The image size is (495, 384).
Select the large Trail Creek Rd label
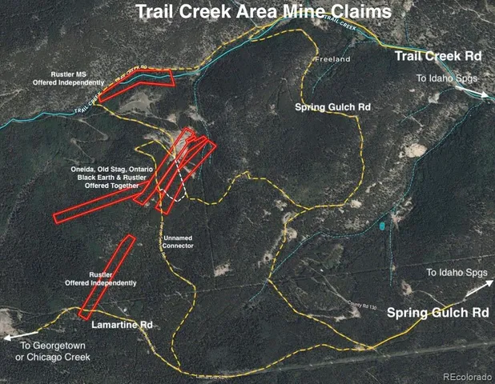tap(437, 56)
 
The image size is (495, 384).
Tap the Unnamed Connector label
tap(178, 242)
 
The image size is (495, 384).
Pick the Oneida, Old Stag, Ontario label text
tap(108, 170)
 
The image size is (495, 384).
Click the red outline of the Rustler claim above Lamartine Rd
tap(107, 276)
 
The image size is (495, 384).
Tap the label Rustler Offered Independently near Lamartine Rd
tap(100, 278)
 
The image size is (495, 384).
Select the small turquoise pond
tap(382, 226)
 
